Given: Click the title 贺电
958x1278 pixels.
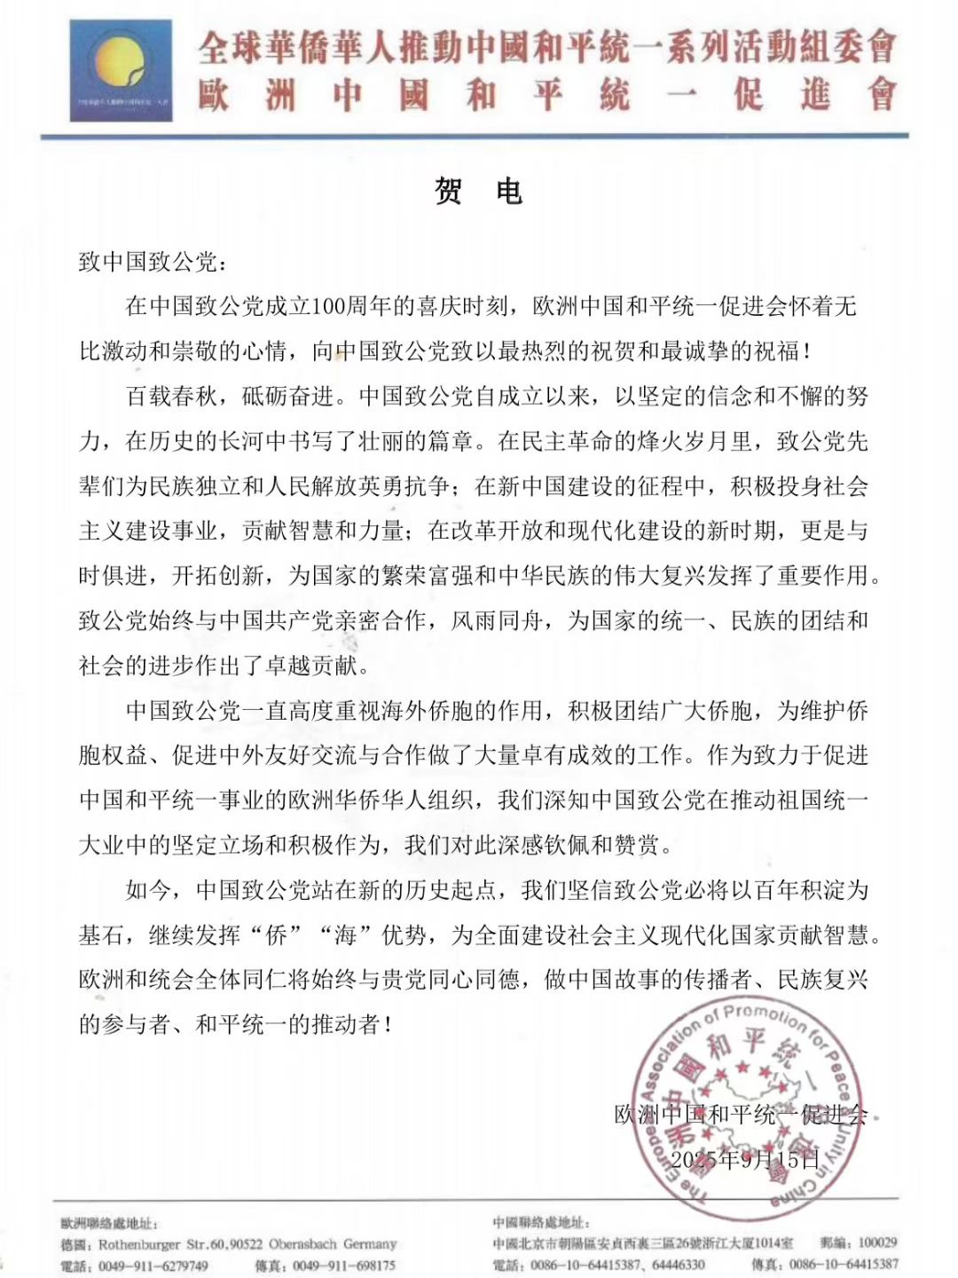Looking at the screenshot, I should pos(478,191).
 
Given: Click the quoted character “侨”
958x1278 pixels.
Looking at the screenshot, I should pos(276,935).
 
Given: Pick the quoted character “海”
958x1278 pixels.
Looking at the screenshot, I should pos(344,935).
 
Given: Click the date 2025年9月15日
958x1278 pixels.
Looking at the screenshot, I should pos(745,1159).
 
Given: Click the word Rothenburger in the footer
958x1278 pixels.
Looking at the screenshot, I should pos(141,1244).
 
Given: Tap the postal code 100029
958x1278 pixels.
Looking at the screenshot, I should pos(877,1242).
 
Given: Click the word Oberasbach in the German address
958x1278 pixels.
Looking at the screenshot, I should pos(302,1244).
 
